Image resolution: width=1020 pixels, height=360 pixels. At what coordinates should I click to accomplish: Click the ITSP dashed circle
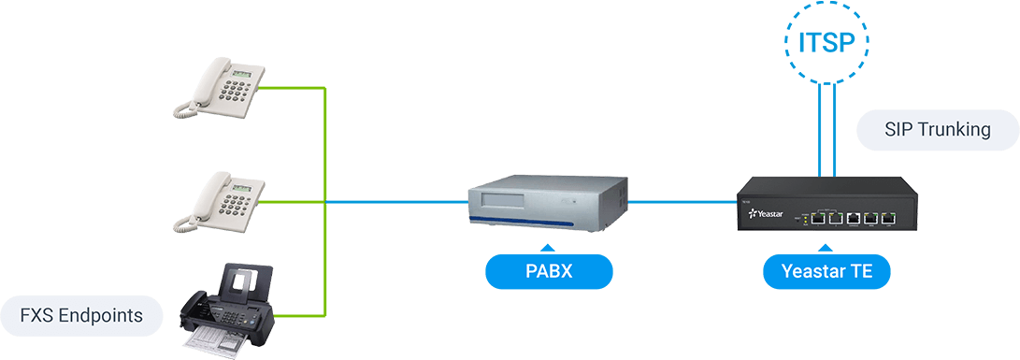pos(826,42)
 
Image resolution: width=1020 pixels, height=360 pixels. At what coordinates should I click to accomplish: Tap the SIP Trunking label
pos(937,130)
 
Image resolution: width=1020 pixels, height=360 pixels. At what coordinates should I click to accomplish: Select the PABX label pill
pos(549,273)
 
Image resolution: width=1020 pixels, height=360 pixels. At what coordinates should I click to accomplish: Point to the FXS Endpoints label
pos(81,315)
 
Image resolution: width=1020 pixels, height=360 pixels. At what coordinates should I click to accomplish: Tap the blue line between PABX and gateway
pos(682,201)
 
